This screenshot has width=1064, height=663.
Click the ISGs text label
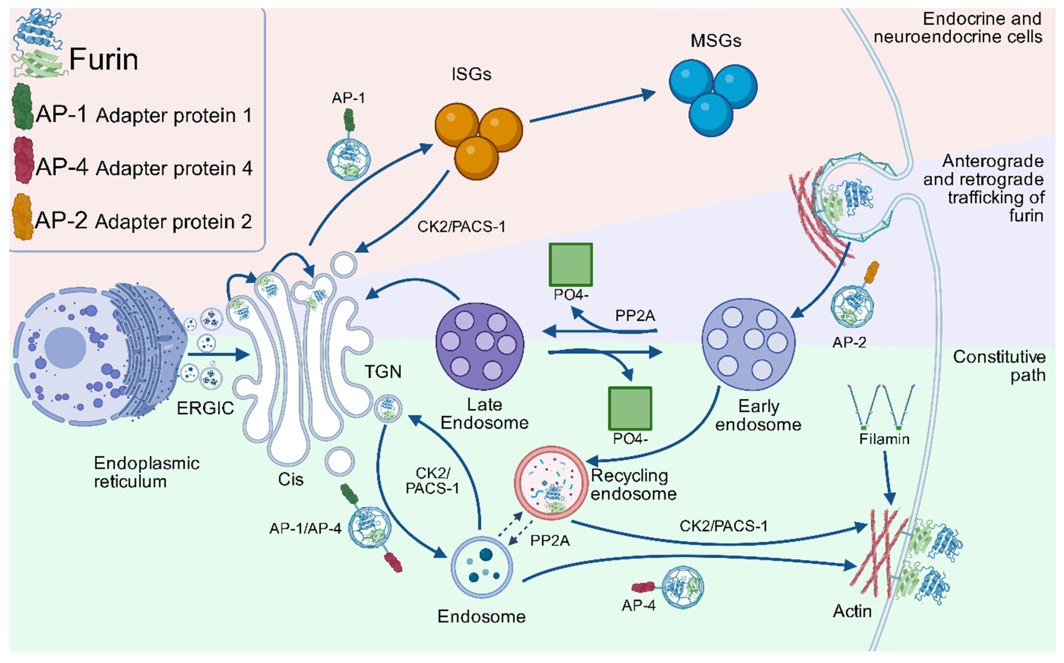click(471, 74)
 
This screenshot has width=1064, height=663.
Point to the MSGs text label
click(716, 41)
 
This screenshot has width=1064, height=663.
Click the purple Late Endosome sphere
click(480, 346)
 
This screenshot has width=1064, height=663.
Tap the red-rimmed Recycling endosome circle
click(551, 483)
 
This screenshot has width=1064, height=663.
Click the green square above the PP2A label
click(570, 265)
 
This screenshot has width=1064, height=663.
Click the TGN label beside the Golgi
click(383, 372)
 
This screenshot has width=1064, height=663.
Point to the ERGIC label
click(205, 408)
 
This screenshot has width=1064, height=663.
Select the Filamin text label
click(884, 439)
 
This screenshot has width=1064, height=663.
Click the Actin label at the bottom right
click(852, 611)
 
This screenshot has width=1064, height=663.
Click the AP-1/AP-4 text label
click(305, 529)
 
